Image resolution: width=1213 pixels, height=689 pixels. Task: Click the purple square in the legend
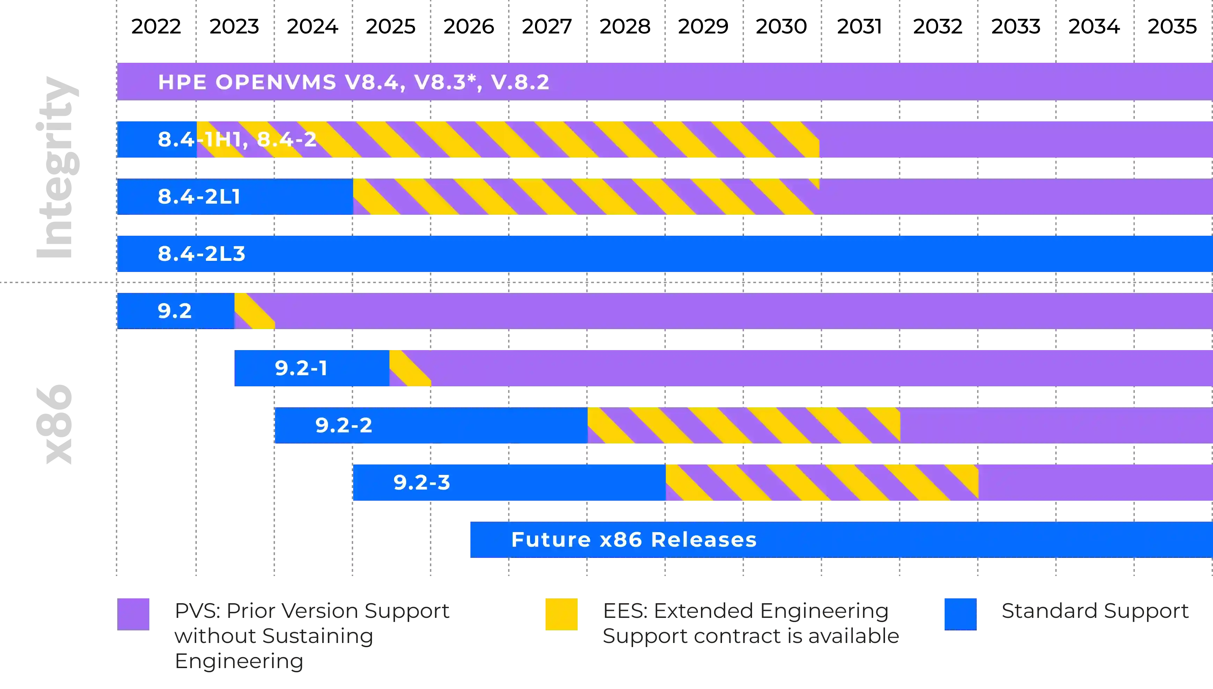coord(134,613)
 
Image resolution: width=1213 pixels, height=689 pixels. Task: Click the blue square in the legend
coord(960,613)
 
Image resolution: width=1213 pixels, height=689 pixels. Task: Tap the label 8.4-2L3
coord(201,253)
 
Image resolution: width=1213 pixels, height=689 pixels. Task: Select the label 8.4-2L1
coord(199,196)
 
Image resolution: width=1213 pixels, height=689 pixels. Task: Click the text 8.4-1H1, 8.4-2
coord(237,139)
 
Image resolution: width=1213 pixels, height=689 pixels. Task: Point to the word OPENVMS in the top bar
coord(276,82)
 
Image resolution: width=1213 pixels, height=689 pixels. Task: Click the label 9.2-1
coord(301,368)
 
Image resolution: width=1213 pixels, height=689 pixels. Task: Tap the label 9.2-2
coord(344,425)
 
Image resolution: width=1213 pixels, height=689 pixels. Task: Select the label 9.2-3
coord(422,482)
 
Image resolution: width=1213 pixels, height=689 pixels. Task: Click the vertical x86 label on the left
coord(54,424)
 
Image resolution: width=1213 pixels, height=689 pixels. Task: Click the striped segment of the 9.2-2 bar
coord(743,425)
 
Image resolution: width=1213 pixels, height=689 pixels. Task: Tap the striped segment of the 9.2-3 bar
coord(821,482)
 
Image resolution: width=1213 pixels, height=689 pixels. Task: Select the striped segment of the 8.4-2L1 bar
coord(582,196)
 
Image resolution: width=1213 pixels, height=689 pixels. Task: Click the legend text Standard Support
coord(1094,611)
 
